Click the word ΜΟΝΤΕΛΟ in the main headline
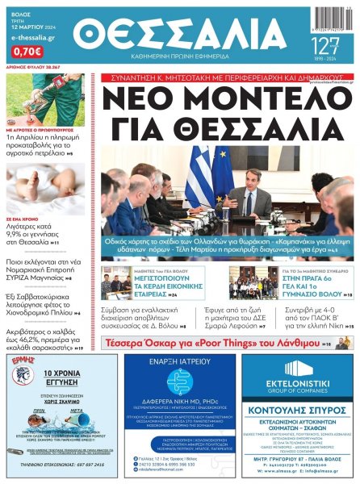(249, 99)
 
